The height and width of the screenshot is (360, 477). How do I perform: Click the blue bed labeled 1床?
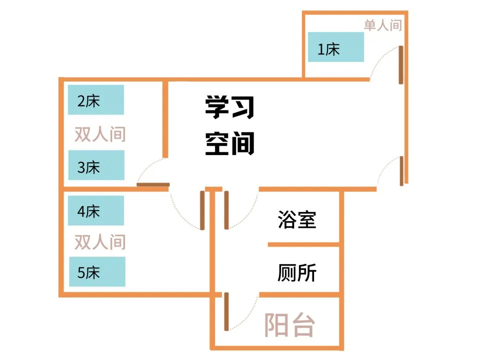click(x=335, y=47)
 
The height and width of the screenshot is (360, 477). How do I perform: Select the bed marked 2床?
click(x=96, y=100)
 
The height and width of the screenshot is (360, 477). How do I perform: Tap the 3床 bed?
click(x=96, y=165)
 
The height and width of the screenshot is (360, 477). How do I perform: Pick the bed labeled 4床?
click(x=96, y=210)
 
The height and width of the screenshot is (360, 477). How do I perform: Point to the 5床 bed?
click(x=97, y=271)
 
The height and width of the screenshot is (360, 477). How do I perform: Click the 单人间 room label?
click(x=382, y=25)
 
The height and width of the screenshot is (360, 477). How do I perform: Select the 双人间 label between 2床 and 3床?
click(x=100, y=134)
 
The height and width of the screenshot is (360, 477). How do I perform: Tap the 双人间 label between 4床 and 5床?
click(x=100, y=242)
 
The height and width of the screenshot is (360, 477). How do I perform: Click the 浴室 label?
click(x=297, y=219)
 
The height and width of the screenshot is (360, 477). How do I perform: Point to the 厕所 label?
click(x=297, y=273)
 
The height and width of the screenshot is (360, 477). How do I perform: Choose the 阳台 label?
click(x=289, y=326)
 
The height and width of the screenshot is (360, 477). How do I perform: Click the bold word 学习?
click(x=229, y=107)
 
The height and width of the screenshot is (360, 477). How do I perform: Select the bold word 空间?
click(x=229, y=143)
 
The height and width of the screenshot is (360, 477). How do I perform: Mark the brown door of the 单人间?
click(x=401, y=65)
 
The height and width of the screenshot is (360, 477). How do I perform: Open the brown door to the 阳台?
click(x=226, y=311)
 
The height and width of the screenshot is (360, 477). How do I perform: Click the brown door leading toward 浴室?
click(x=226, y=210)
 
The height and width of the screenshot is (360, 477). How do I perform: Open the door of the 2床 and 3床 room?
click(x=153, y=185)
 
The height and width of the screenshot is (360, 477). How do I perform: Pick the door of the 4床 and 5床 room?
click(x=202, y=210)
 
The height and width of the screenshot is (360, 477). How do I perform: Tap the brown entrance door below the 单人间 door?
click(x=401, y=170)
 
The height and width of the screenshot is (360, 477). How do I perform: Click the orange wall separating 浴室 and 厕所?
click(x=303, y=244)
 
